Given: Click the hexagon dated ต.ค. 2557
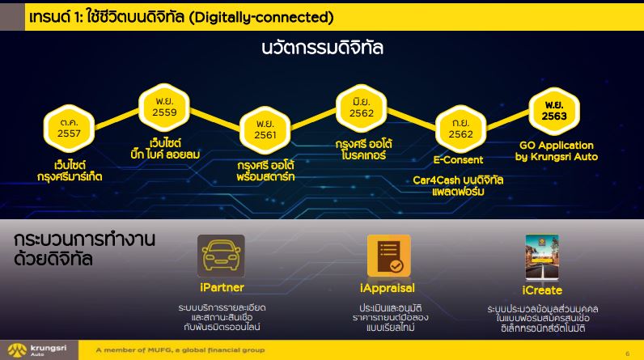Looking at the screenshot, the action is pos(69,128).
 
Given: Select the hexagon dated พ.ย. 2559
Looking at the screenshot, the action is pos(164,107).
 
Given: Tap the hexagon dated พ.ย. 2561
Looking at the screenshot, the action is pos(265,129).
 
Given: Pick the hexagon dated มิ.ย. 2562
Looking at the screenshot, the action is pos(362,108).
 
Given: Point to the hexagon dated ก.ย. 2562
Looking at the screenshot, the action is pos(461,129).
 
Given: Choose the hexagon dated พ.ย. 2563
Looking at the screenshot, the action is pos(554,111).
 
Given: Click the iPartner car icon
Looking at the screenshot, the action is pos(221,256).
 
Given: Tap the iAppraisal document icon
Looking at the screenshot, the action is pos(388,256).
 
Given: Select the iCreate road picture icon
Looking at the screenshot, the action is pos(542,257).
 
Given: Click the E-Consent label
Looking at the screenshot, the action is pos(458,160).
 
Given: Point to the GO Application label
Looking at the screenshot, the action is pos(557,146).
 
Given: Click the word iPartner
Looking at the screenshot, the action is pos(222,287).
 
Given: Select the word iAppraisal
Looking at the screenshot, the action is pos(388,289).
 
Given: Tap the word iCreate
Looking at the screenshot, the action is pos(542,290).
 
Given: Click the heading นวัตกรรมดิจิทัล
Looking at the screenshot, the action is pos(323,48).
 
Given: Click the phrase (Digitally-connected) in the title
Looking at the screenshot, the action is pos(261,17).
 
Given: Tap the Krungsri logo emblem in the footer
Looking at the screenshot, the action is pos(17,350).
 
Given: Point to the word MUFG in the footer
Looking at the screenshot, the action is pos(159,350).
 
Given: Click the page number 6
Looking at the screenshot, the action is pos(627,354).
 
